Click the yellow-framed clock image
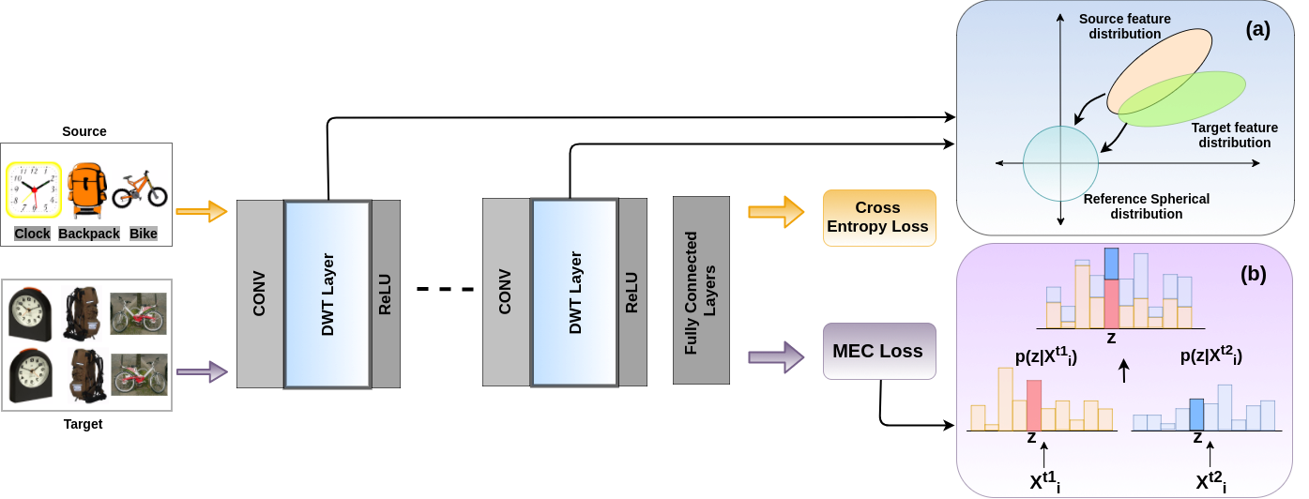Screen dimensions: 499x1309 point(34,190)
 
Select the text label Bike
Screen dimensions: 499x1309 point(143,234)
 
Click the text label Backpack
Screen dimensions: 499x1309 point(89,234)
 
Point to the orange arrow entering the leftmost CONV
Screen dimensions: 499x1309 point(202,212)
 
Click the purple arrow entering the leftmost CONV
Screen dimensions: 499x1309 point(202,372)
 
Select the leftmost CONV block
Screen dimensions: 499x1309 point(260,294)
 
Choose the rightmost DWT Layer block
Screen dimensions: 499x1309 point(574,294)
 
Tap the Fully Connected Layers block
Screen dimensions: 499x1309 point(701,290)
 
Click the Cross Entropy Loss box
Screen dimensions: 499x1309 point(878,218)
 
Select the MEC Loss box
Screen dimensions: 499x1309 point(878,352)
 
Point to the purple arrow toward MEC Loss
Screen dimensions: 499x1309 point(777,356)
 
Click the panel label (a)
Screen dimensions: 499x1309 point(1256,29)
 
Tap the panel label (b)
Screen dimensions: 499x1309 point(1253,275)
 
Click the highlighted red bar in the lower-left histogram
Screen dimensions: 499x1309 point(1034,404)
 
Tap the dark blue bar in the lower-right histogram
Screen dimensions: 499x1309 point(1196,414)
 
